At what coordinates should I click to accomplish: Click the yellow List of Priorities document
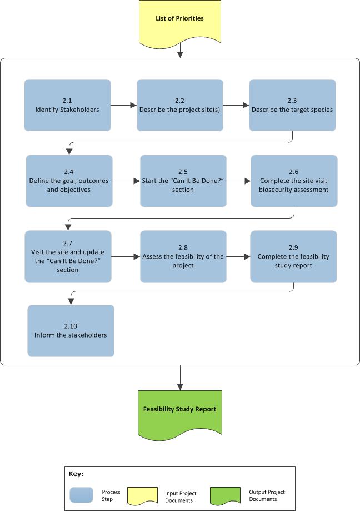pos(179,21)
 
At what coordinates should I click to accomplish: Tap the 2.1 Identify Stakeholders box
pos(67,105)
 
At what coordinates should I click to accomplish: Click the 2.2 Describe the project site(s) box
pos(180,105)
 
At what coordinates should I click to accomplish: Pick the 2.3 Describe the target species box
pos(292,105)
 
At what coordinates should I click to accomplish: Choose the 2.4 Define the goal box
pos(69,180)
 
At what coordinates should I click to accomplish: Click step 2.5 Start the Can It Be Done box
pos(183,180)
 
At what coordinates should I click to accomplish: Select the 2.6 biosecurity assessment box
pos(293,180)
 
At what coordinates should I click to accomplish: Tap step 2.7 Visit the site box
pos(68,256)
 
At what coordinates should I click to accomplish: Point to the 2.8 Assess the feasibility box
pos(183,256)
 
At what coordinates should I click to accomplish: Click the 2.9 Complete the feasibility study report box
pos(293,256)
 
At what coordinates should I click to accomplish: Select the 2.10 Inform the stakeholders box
pos(71,330)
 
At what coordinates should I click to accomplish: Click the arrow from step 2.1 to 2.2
pos(124,105)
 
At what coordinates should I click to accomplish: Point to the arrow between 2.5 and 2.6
pos(238,181)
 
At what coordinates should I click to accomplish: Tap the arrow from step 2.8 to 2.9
pos(238,256)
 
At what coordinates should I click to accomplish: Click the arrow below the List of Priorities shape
pos(180,51)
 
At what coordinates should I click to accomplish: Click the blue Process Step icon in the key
pos(82,495)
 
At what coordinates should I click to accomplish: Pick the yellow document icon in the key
pos(143,495)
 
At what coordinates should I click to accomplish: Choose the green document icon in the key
pos(225,495)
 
